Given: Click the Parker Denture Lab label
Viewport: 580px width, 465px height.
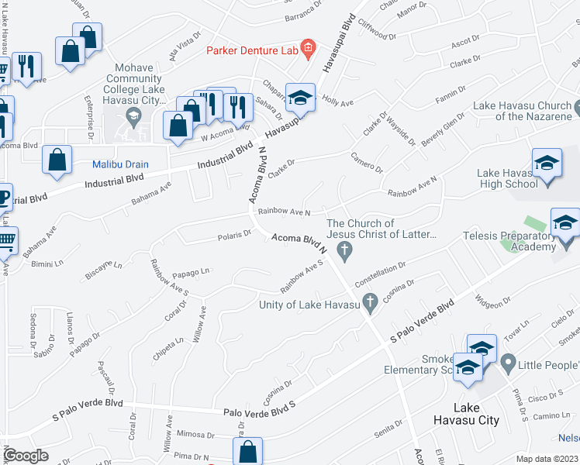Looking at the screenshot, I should coord(251,50).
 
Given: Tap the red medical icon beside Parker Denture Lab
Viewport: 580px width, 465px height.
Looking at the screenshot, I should coord(308,50).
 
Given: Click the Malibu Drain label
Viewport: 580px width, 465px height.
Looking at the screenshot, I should coord(119,164).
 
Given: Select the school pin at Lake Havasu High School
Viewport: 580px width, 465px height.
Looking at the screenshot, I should coord(547,164).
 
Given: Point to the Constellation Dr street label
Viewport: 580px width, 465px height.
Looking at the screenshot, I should coord(380,274).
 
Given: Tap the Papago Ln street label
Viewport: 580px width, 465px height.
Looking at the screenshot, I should coord(192,272).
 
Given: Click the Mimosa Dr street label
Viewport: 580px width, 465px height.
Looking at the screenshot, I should coord(195,435).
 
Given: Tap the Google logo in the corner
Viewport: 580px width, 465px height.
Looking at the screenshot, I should coord(26,456).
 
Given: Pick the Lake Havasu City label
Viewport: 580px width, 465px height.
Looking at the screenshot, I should coord(476,420).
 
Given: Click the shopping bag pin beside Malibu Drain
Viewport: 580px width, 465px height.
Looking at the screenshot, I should coord(58,160).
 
